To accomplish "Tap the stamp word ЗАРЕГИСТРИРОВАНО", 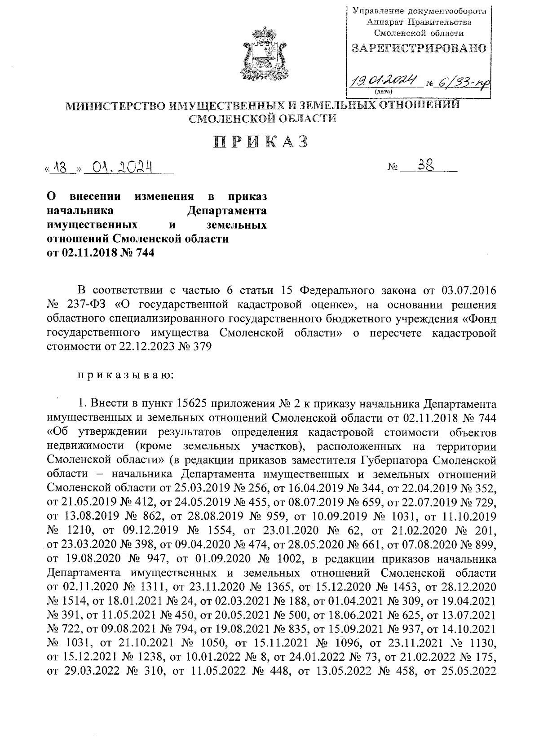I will (x=419, y=48).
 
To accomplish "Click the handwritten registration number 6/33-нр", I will (x=462, y=82).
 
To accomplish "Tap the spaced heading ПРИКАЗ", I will (x=263, y=141).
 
